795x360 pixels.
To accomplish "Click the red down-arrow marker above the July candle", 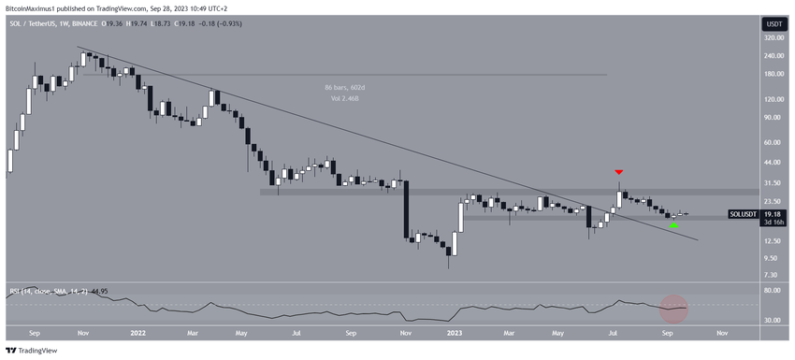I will (x=618, y=172).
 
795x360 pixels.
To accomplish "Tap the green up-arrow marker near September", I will (x=674, y=225).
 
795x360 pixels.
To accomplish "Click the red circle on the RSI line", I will (x=674, y=306).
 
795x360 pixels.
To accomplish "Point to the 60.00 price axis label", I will (x=772, y=143).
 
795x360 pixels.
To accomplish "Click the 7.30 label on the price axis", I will (x=772, y=274).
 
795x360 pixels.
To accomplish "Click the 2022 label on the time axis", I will (x=138, y=332).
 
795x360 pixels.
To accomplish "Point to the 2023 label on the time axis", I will (x=455, y=332).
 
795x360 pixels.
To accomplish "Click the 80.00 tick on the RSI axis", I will (x=772, y=291).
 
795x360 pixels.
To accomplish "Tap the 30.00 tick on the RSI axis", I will (x=772, y=320).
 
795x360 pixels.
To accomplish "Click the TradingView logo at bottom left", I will (x=33, y=351).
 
